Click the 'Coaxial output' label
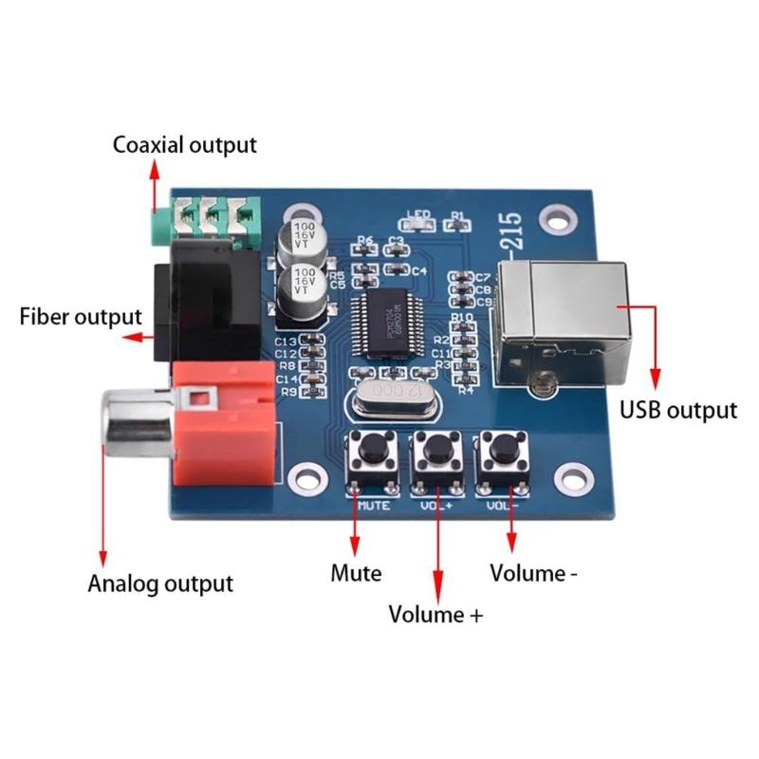pyautogui.click(x=185, y=145)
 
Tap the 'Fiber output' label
pyautogui.click(x=81, y=316)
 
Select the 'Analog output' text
pyautogui.click(x=160, y=583)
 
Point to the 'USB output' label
pyautogui.click(x=677, y=410)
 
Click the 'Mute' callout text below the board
pyautogui.click(x=356, y=573)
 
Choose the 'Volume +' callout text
pyautogui.click(x=435, y=614)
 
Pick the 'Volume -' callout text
pyautogui.click(x=533, y=573)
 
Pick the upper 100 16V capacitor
pyautogui.click(x=305, y=237)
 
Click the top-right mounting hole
pyautogui.click(x=556, y=220)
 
